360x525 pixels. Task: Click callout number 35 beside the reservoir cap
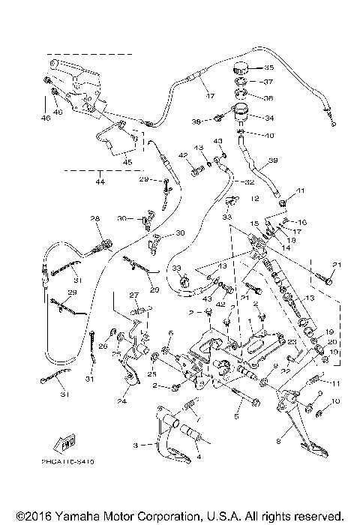pyautogui.click(x=269, y=67)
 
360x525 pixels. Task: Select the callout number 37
pyautogui.click(x=269, y=82)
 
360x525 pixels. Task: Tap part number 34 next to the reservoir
pyautogui.click(x=270, y=118)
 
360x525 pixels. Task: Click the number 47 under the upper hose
pyautogui.click(x=211, y=96)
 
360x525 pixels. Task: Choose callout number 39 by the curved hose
pyautogui.click(x=273, y=160)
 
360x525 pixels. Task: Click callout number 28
pyautogui.click(x=95, y=219)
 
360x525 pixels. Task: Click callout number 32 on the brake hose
pyautogui.click(x=251, y=181)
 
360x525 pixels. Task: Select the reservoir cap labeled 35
pyautogui.click(x=243, y=67)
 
